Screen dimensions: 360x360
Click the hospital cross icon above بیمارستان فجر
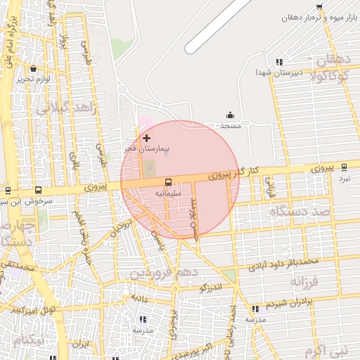pyautogui.click(x=146, y=138)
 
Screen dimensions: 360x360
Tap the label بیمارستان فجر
pyautogui.click(x=147, y=149)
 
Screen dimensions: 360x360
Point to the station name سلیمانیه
pyautogui.click(x=167, y=192)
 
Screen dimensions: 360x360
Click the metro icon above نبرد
pyautogui.click(x=344, y=167)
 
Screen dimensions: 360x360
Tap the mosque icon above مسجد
pyautogui.click(x=230, y=115)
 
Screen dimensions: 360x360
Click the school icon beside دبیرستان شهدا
pyautogui.click(x=279, y=62)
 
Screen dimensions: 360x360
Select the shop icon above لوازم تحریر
pyautogui.click(x=34, y=69)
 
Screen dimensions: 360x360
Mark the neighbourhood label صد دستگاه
pyautogui.click(x=299, y=211)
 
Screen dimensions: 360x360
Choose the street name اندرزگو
pyautogui.click(x=210, y=288)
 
